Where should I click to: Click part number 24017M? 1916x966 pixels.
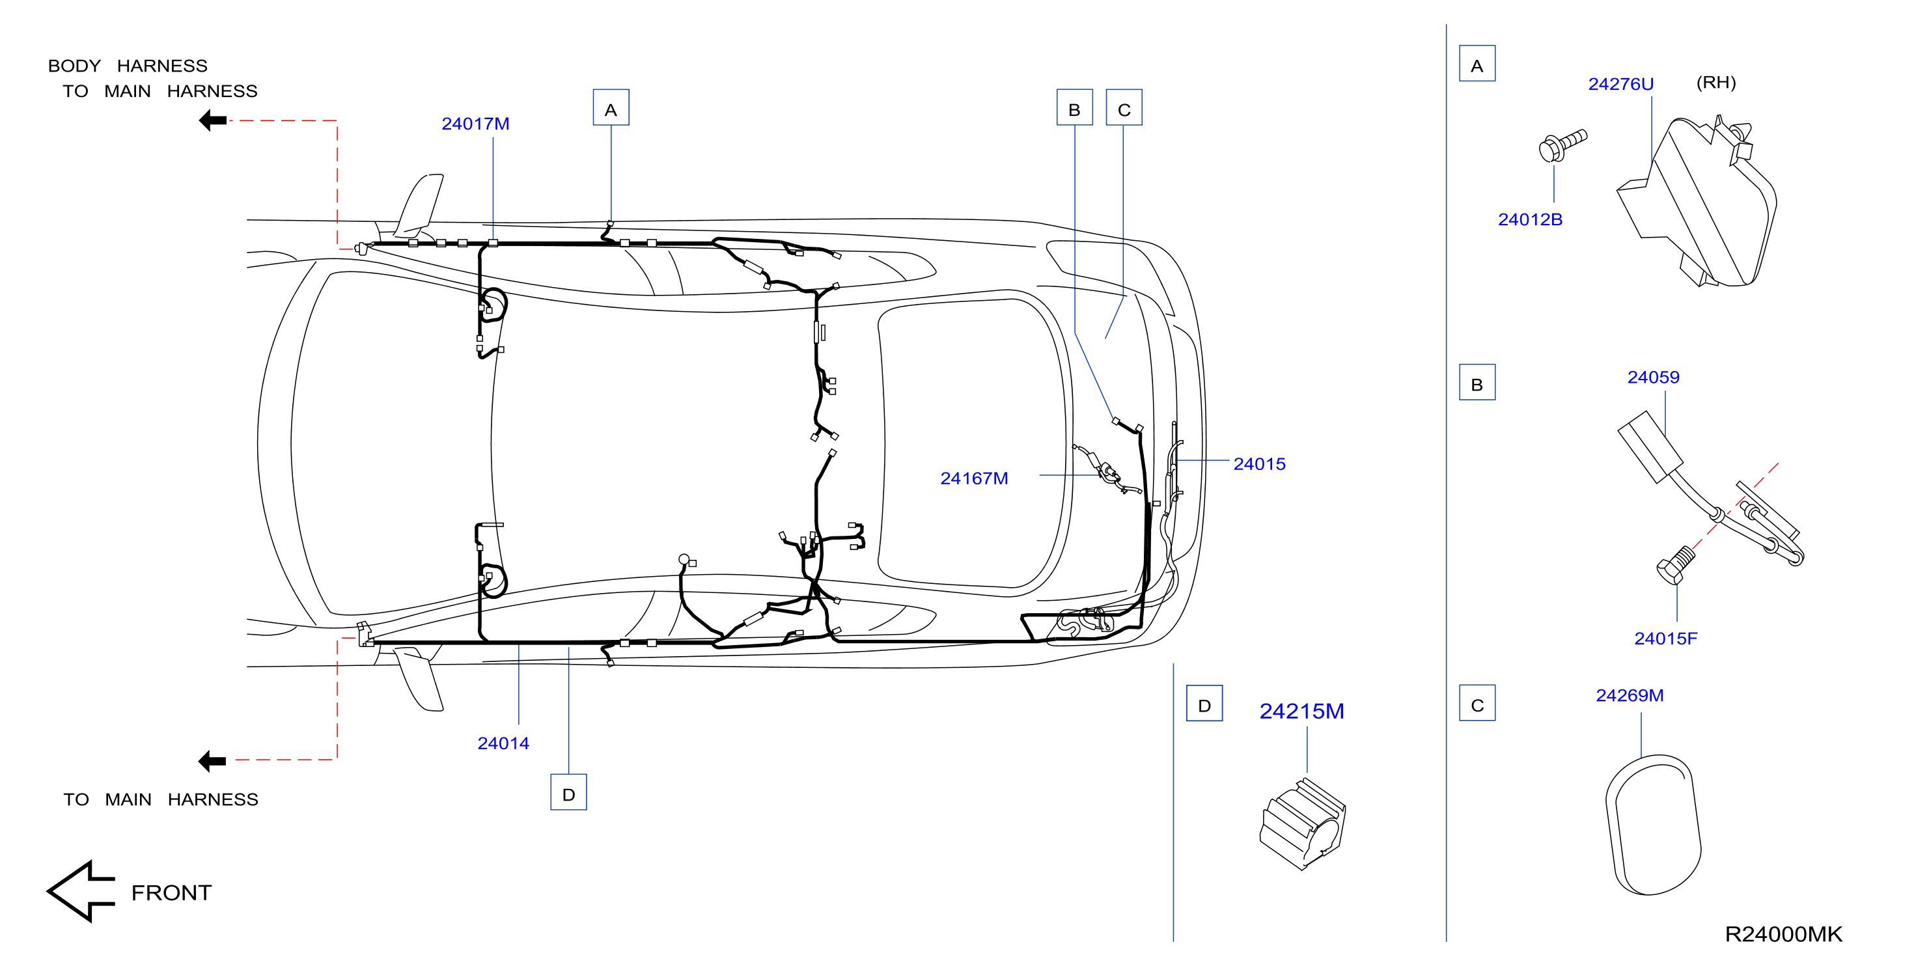475,124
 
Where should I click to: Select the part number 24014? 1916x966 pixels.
503,743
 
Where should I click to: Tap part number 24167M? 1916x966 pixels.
975,478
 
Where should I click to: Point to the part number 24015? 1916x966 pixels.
1259,464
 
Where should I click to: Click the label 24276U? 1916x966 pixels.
1620,84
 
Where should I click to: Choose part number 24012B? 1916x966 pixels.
1530,219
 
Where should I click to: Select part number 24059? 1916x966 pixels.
1654,377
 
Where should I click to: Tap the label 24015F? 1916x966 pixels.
1666,638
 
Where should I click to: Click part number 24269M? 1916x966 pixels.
1630,695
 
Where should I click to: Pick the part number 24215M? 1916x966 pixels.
1301,711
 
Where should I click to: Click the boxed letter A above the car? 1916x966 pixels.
611,108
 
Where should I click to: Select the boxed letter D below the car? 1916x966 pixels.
568,792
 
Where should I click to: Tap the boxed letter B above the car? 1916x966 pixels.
1075,108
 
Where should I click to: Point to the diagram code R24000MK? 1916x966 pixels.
1784,934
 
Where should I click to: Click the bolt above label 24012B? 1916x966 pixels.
1562,145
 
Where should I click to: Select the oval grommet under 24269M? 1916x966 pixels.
1654,825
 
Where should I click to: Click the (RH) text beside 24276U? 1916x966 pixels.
1716,83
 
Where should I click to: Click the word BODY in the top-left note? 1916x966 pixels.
74,66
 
